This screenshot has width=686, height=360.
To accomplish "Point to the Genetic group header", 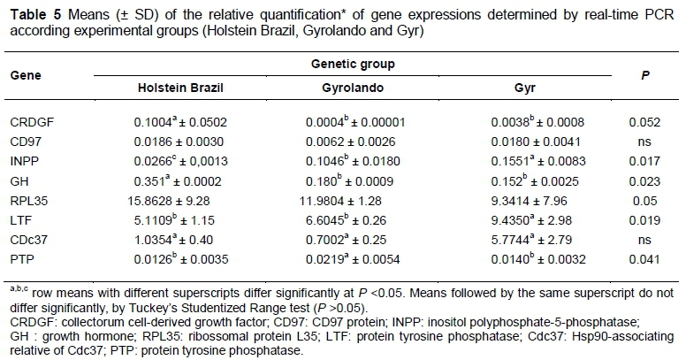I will [x=352, y=65].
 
